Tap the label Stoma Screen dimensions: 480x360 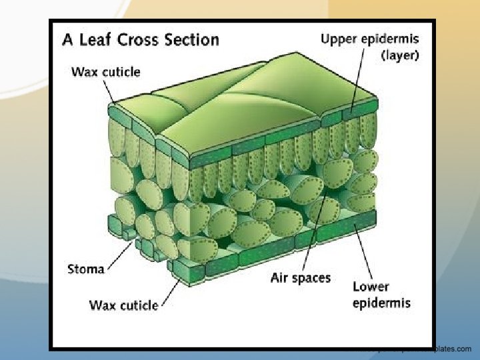point(86,269)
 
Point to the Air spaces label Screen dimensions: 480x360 point(300,277)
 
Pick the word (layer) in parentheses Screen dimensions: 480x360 point(399,55)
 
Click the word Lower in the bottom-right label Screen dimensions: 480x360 point(371,288)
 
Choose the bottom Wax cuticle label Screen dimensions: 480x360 point(124,305)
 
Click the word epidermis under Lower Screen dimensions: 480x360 point(381,303)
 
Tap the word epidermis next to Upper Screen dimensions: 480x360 point(392,39)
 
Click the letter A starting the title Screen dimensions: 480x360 point(68,40)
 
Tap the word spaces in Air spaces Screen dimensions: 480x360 point(311,278)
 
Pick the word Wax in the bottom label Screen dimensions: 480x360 point(101,305)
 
